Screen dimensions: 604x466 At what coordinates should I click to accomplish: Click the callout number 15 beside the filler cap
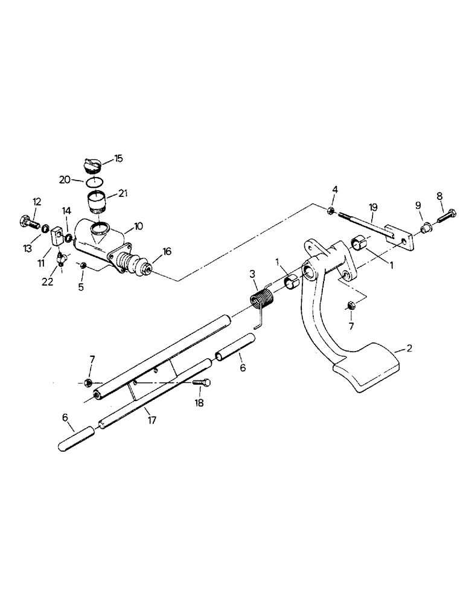pyautogui.click(x=118, y=158)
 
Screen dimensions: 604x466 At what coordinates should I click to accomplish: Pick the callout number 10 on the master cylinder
pyautogui.click(x=138, y=226)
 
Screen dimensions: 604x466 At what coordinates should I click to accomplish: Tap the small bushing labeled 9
pyautogui.click(x=426, y=228)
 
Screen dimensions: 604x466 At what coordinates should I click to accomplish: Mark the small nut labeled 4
pyautogui.click(x=332, y=210)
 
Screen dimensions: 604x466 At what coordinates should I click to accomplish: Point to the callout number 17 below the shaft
pyautogui.click(x=152, y=420)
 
